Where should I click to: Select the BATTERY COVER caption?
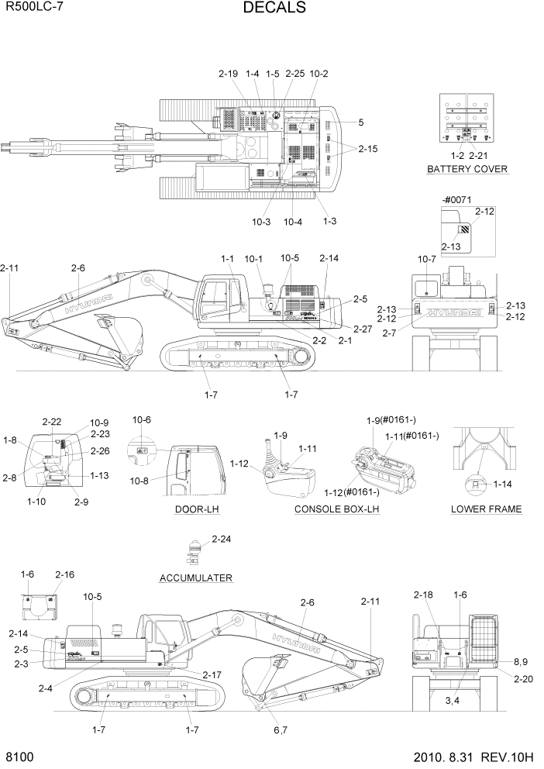click(x=467, y=169)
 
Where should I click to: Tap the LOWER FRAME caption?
click(x=486, y=509)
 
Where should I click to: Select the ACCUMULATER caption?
click(x=195, y=578)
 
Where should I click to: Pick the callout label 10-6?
click(x=141, y=419)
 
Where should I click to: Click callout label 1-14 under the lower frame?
click(x=502, y=484)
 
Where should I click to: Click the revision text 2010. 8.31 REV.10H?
click(x=468, y=757)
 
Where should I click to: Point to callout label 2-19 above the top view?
click(x=228, y=74)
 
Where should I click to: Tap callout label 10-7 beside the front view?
click(x=427, y=258)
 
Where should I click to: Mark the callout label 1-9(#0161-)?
click(x=391, y=420)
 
